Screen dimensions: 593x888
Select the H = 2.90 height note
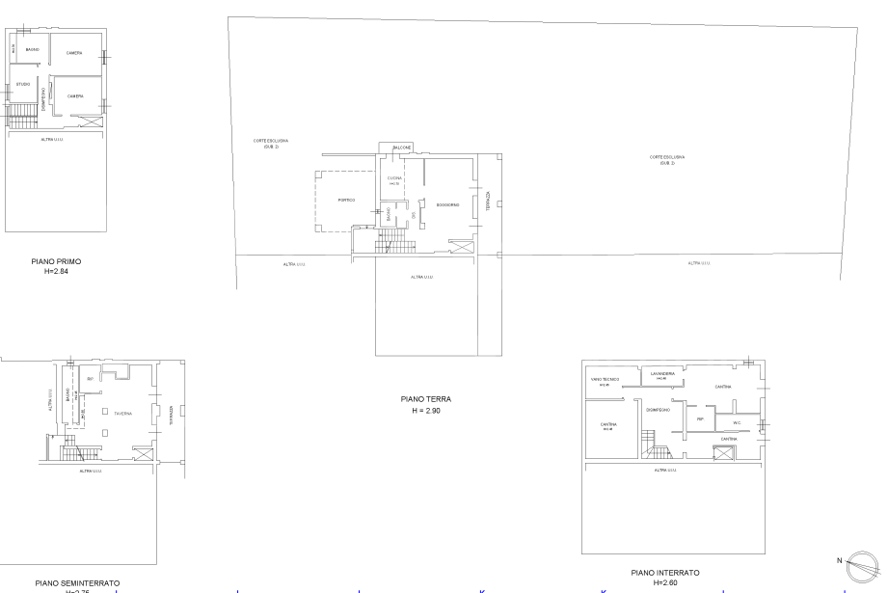(x=425, y=411)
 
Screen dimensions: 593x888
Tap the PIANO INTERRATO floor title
(x=659, y=573)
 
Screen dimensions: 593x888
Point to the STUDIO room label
(x=23, y=85)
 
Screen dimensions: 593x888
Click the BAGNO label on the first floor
(x=32, y=49)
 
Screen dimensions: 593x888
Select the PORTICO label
(x=346, y=200)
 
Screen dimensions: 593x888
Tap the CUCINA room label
(x=394, y=178)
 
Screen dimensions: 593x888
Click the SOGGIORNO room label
(x=447, y=204)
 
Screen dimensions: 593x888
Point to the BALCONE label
(x=401, y=147)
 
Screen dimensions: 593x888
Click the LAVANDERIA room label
(x=661, y=373)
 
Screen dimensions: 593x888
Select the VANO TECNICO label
(x=605, y=380)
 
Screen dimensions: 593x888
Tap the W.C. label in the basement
(x=736, y=421)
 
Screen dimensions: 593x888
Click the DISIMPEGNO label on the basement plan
(x=658, y=409)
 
